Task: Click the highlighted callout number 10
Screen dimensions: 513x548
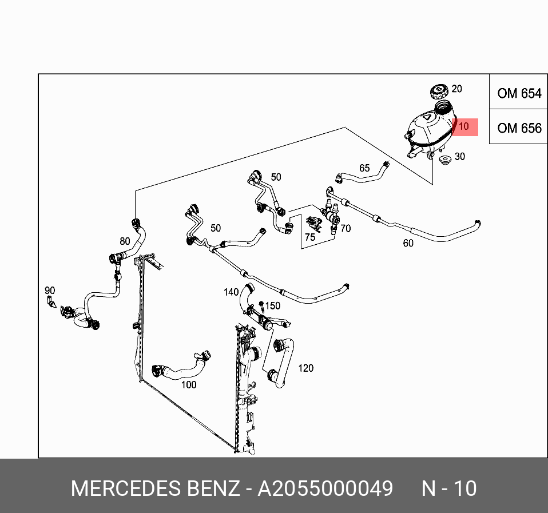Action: (x=464, y=126)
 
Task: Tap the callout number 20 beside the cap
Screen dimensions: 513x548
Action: (x=456, y=89)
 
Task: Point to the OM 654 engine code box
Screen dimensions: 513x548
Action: (x=519, y=93)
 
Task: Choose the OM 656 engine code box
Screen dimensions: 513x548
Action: (x=519, y=128)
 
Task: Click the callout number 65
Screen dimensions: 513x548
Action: (x=364, y=168)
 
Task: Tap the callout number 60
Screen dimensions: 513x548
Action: (x=408, y=243)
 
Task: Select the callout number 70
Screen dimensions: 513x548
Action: (x=346, y=229)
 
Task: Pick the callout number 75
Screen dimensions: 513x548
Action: (x=309, y=237)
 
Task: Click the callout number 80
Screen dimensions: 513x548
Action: (x=125, y=241)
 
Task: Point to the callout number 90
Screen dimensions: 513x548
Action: (x=50, y=291)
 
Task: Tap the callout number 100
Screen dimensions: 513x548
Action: (x=189, y=385)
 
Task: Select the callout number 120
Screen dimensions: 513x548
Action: (x=306, y=368)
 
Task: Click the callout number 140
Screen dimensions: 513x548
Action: (x=231, y=292)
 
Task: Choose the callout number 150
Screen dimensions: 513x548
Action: (x=273, y=306)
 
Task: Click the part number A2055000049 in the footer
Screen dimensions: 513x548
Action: (x=325, y=489)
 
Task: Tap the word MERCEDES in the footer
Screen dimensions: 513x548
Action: (x=126, y=489)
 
